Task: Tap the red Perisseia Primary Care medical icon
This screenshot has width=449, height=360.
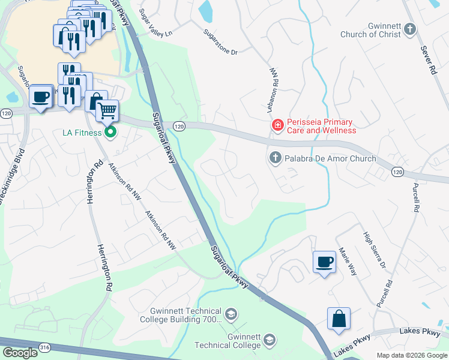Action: click(x=277, y=125)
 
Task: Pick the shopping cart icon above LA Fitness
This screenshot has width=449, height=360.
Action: click(x=107, y=110)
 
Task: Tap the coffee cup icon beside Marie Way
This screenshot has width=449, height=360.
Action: click(x=324, y=262)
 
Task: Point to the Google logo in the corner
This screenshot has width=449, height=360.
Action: click(x=20, y=353)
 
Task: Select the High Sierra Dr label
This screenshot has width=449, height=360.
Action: click(x=373, y=250)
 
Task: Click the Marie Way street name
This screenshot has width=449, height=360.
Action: click(x=348, y=262)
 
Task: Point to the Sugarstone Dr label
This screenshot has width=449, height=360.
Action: click(x=220, y=42)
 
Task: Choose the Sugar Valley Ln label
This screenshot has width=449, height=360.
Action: click(x=155, y=22)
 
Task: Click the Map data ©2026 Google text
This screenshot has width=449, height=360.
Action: click(x=412, y=355)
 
